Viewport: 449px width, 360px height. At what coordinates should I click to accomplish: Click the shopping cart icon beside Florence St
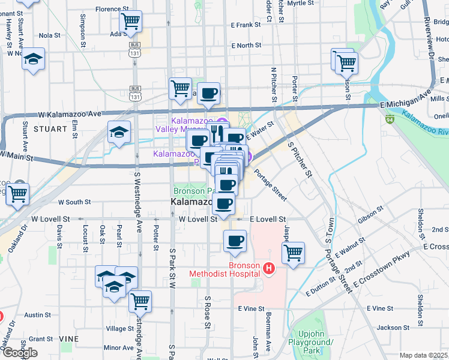(130, 22)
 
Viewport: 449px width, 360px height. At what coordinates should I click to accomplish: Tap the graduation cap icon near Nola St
(34, 59)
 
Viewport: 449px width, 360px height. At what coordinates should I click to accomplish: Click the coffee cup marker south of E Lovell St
(235, 241)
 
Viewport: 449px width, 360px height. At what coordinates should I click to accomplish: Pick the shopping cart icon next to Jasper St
(293, 253)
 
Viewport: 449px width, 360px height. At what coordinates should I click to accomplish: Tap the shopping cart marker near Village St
(140, 301)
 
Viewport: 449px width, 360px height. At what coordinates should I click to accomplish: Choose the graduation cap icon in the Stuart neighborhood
(119, 132)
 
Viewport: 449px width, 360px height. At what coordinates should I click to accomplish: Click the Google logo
(20, 353)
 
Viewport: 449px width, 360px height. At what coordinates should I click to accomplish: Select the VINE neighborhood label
(68, 339)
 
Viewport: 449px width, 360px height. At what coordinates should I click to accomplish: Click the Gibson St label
(370, 214)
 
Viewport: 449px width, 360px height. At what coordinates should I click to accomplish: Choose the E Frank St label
(246, 25)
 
